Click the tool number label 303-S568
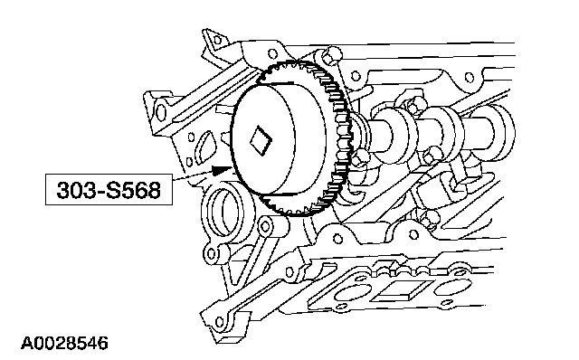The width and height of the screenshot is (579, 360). [109, 190]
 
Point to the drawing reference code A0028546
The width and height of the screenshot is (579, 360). [64, 343]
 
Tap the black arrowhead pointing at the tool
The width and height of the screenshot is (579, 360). [221, 170]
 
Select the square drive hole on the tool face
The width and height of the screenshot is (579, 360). [261, 141]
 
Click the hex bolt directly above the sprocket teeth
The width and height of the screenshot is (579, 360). [331, 54]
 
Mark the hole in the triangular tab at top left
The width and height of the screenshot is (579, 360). [217, 39]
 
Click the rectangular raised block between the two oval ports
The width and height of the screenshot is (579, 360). [402, 289]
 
